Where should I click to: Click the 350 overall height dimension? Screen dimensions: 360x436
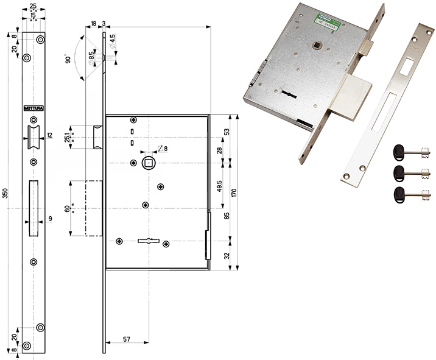pyautogui.click(x=5, y=194)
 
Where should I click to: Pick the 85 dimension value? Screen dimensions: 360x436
pyautogui.click(x=227, y=214)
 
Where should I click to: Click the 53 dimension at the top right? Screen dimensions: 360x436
pyautogui.click(x=227, y=132)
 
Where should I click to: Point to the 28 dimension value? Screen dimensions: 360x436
pyautogui.click(x=219, y=150)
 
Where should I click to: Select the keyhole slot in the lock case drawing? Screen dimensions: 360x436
pyautogui.click(x=147, y=241)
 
